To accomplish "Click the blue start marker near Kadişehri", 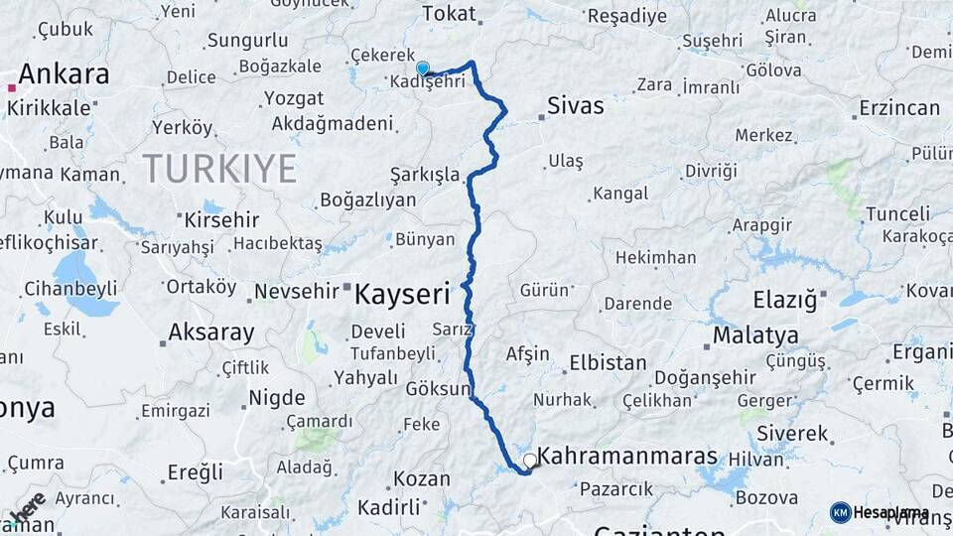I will [423, 68].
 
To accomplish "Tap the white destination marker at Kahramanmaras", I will [530, 461].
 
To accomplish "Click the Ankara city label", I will [64, 74].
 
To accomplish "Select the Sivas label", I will [575, 106].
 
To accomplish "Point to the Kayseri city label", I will [402, 294].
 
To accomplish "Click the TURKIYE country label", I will [219, 169].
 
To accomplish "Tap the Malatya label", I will [755, 335].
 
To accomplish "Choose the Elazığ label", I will [783, 298].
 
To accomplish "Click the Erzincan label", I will [899, 107].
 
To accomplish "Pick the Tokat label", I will [449, 14].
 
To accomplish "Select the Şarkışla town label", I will [425, 176].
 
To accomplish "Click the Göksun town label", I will [437, 389].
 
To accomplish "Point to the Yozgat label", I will [294, 98].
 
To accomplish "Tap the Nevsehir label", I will [297, 292].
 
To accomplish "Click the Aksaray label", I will [211, 333].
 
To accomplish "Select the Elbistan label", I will [607, 363].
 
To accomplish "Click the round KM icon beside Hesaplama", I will [840, 512].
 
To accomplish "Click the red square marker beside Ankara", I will [11, 88].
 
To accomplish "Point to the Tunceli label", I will [897, 214].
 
